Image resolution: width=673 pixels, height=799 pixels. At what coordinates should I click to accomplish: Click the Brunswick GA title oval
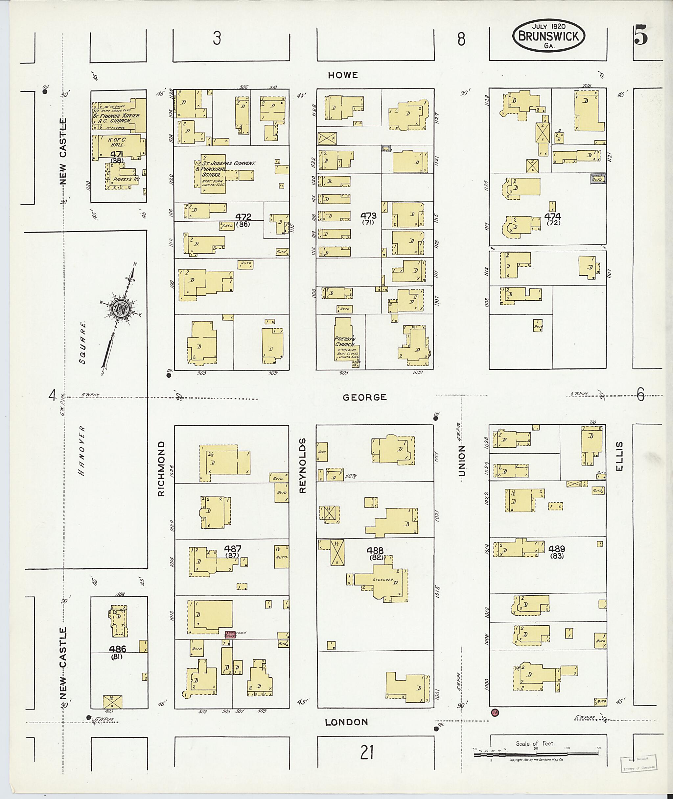point(549,37)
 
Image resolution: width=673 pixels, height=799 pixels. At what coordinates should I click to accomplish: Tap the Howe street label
point(343,75)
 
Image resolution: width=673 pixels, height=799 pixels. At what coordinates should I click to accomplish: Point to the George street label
point(364,398)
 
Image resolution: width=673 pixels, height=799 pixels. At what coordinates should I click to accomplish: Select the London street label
point(346,722)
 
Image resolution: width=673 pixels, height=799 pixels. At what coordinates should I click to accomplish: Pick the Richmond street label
point(161,469)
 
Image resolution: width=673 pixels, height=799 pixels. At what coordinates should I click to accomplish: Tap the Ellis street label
point(619,457)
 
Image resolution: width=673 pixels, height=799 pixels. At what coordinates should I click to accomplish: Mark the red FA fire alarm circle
point(495,712)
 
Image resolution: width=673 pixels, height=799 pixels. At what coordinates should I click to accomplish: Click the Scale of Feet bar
point(536,754)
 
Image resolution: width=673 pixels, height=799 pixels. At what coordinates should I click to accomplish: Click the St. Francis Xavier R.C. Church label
point(116,118)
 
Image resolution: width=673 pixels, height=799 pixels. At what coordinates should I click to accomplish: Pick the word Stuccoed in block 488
point(383,580)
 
